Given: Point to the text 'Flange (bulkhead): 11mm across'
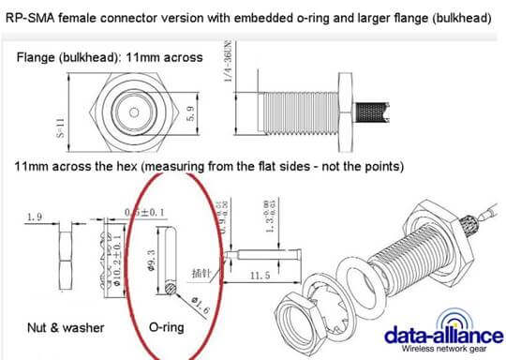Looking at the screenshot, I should (110, 57).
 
